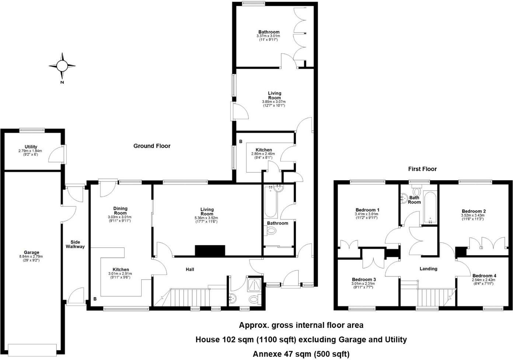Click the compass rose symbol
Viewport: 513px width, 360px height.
click(x=62, y=66)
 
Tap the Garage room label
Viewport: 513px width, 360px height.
click(x=31, y=253)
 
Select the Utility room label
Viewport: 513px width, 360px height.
click(x=31, y=147)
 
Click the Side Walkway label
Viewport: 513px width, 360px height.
click(x=75, y=244)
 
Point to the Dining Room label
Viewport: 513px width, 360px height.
click(x=120, y=211)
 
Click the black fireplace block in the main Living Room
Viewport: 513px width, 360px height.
click(x=210, y=251)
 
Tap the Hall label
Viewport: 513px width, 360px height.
click(x=190, y=270)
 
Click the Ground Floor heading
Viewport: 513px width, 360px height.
click(x=152, y=146)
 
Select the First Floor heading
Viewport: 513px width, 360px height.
click(x=422, y=169)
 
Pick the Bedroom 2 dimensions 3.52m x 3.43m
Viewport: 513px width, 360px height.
click(x=474, y=215)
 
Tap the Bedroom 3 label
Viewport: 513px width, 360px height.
click(x=364, y=280)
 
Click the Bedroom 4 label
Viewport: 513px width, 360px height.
click(x=484, y=276)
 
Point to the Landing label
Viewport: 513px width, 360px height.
click(x=428, y=269)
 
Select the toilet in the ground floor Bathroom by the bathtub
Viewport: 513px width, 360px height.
click(x=271, y=231)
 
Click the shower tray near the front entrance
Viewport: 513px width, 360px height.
click(x=254, y=284)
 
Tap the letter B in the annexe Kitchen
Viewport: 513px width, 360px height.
click(x=241, y=141)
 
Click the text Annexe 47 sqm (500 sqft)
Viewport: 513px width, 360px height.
click(x=301, y=354)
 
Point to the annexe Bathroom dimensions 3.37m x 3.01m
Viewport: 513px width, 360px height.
click(x=268, y=36)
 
